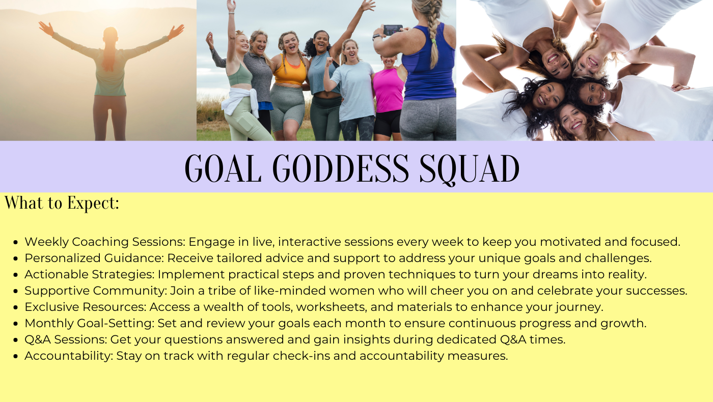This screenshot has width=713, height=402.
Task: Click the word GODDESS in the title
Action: pyautogui.click(x=341, y=168)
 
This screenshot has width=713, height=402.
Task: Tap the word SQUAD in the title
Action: pyautogui.click(x=470, y=169)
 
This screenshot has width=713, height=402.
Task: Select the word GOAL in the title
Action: pyautogui.click(x=223, y=168)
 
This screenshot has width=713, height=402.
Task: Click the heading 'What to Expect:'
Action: pyautogui.click(x=62, y=203)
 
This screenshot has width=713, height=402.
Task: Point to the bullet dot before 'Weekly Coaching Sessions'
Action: pyautogui.click(x=16, y=242)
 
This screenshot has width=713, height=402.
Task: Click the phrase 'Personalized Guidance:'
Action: pyautogui.click(x=94, y=258)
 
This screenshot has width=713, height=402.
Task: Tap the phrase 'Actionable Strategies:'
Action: pyautogui.click(x=90, y=274)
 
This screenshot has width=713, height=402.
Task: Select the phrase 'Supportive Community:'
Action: pyautogui.click(x=96, y=291)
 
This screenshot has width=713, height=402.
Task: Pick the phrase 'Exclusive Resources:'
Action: pyautogui.click(x=86, y=307)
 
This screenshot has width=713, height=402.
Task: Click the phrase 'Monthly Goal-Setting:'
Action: pyautogui.click(x=90, y=323)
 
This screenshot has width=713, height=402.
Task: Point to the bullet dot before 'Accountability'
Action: pyautogui.click(x=16, y=356)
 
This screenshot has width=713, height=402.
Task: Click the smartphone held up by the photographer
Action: pyautogui.click(x=393, y=30)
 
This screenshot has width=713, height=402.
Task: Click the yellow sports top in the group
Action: pyautogui.click(x=290, y=71)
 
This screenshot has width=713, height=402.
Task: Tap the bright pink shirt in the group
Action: pyautogui.click(x=388, y=91)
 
